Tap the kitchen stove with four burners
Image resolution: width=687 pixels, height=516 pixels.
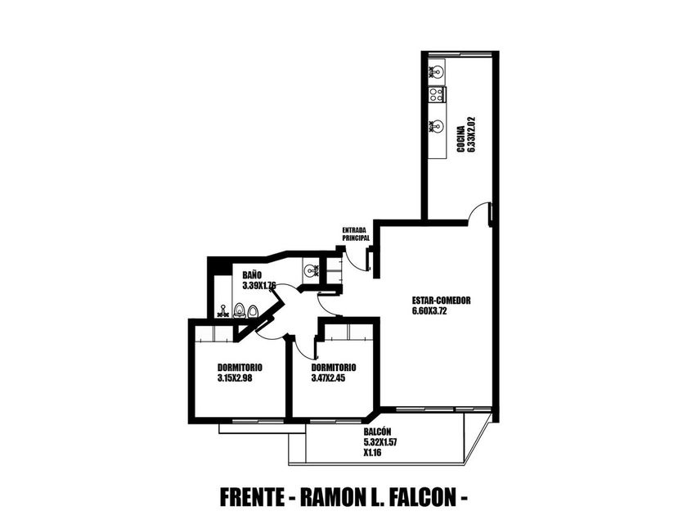(x=437, y=95)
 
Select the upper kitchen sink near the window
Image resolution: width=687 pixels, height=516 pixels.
(x=437, y=72)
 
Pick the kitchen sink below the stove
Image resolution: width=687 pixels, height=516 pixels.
(x=437, y=127)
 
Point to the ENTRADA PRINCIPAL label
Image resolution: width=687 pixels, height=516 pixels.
(x=356, y=234)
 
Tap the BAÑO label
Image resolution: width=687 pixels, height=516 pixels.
(x=252, y=276)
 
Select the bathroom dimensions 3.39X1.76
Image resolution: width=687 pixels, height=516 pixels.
(x=258, y=286)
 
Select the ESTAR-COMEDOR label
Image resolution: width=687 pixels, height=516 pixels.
(x=442, y=300)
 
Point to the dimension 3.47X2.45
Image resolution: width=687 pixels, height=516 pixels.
(x=329, y=378)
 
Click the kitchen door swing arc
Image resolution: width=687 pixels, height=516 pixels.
(x=478, y=215)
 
